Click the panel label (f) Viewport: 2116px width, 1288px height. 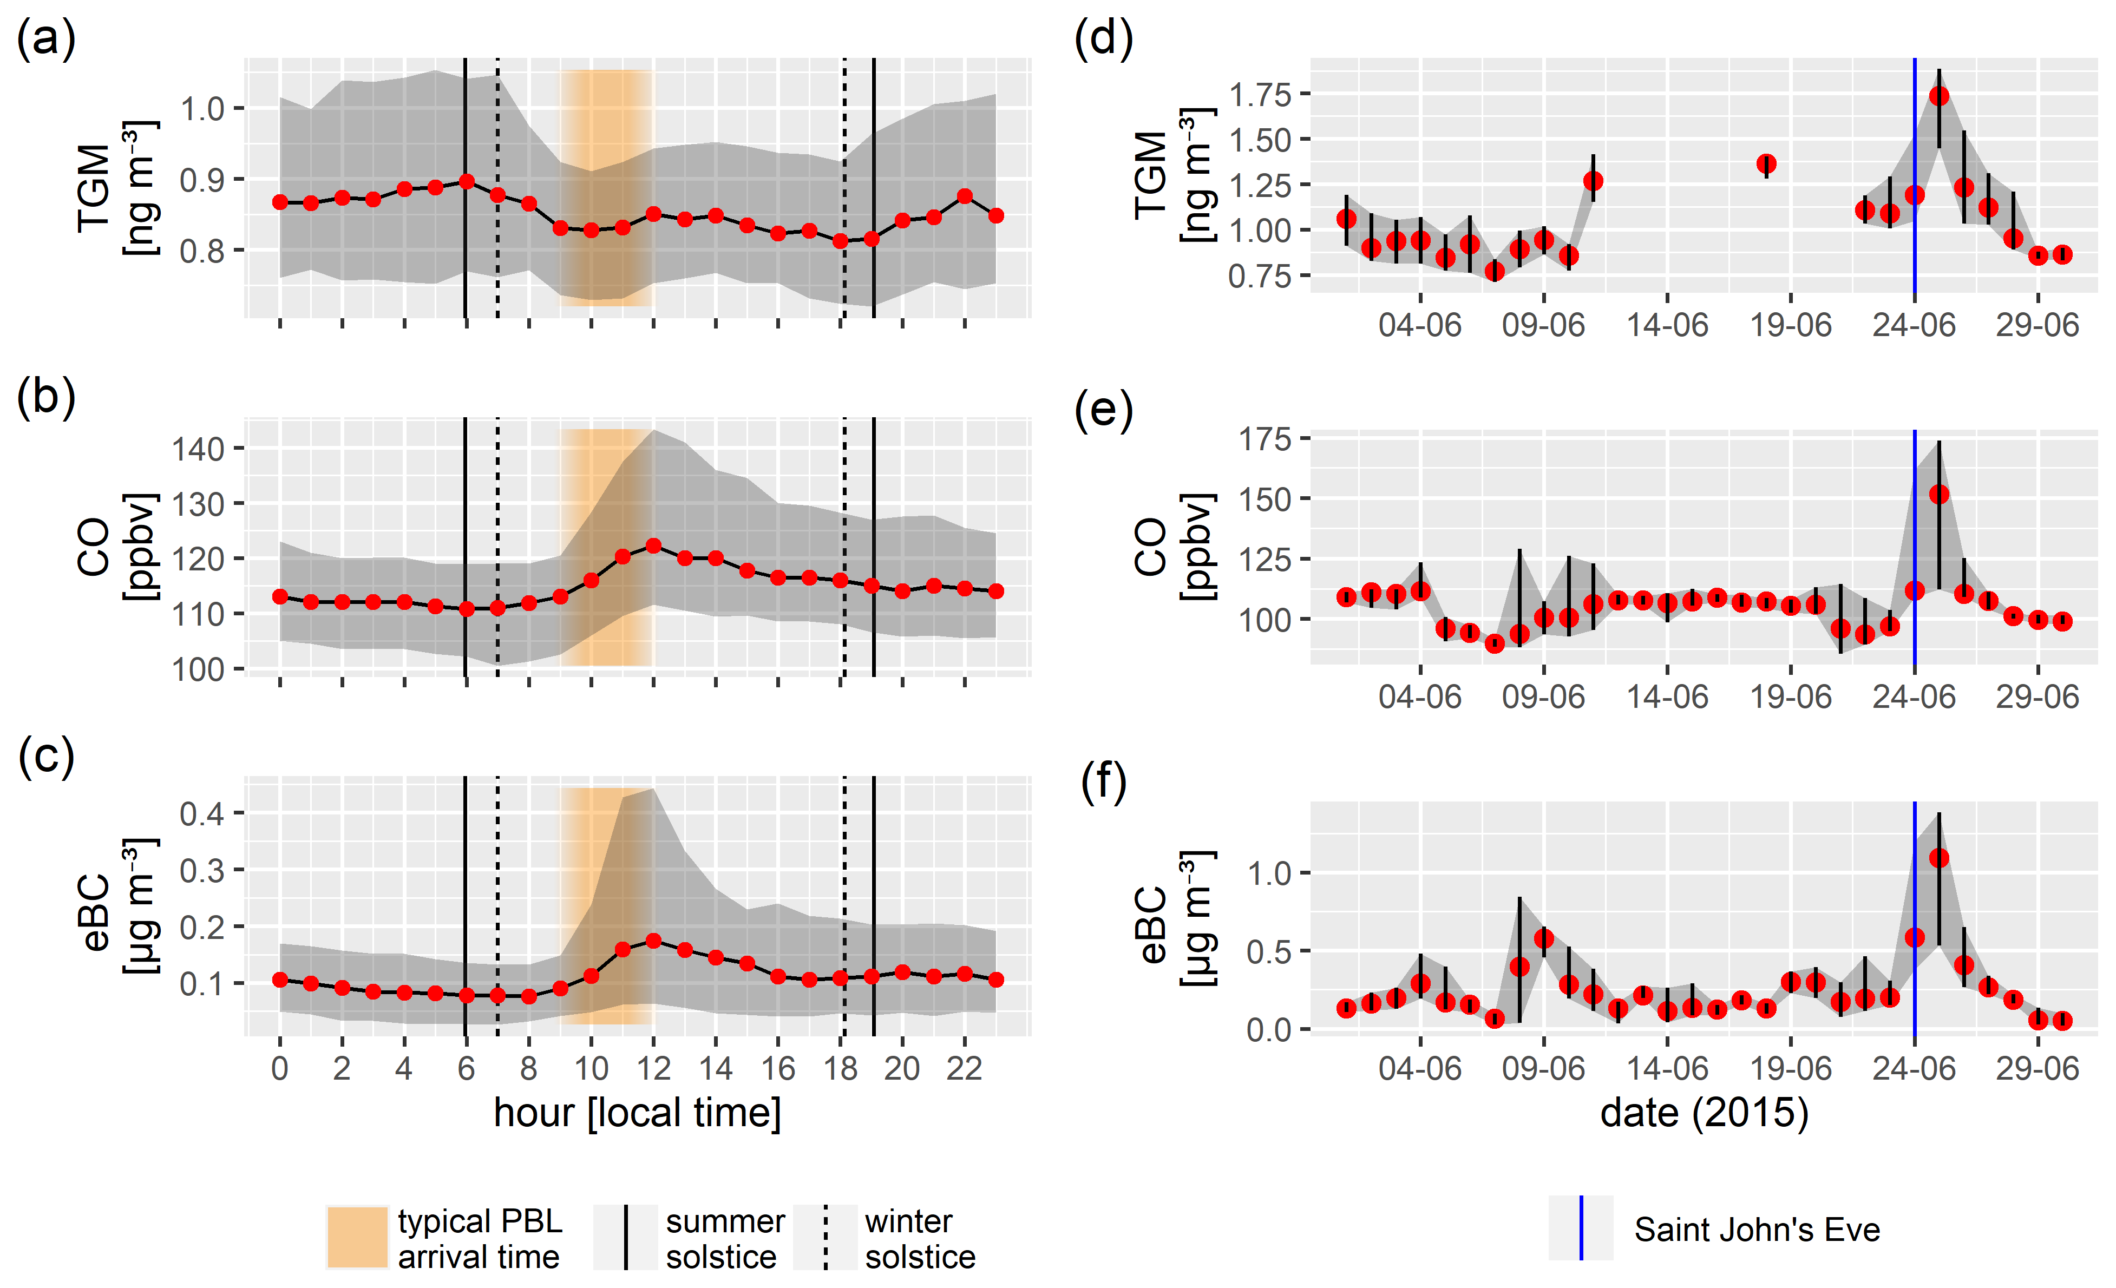1104,782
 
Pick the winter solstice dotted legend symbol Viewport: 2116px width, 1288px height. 826,1237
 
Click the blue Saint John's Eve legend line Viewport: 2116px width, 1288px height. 1581,1228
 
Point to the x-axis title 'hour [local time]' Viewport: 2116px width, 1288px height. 637,1113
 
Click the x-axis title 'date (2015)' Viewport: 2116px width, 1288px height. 1704,1113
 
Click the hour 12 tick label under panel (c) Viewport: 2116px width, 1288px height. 653,1069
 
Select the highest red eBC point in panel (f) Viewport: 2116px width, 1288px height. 1939,858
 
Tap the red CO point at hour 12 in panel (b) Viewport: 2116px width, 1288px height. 653,546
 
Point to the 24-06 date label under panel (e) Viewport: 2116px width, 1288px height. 1914,696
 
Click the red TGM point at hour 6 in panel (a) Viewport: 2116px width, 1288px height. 466,182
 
